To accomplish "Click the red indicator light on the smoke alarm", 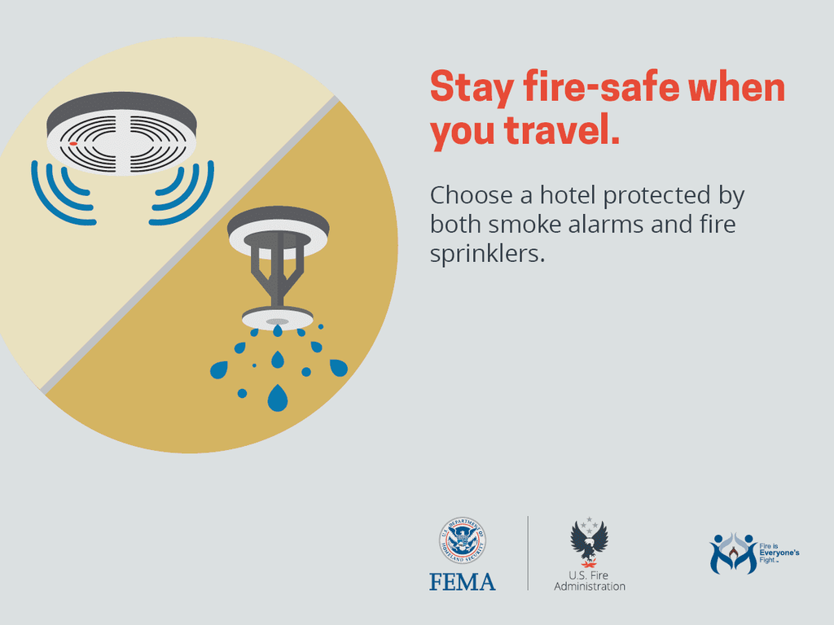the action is click(73, 143).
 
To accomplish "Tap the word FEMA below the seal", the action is click(463, 582).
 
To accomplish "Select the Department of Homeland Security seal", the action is click(463, 540).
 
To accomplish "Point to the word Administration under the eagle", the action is click(590, 586).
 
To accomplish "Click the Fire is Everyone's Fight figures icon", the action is click(734, 553).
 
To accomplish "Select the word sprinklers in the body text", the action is click(487, 254).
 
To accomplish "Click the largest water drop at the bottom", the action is click(278, 397).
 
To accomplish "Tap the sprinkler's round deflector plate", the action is click(278, 318).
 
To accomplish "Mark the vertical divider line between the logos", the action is click(528, 553).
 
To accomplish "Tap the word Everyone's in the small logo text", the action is click(779, 553).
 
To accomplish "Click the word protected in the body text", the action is click(656, 196).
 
